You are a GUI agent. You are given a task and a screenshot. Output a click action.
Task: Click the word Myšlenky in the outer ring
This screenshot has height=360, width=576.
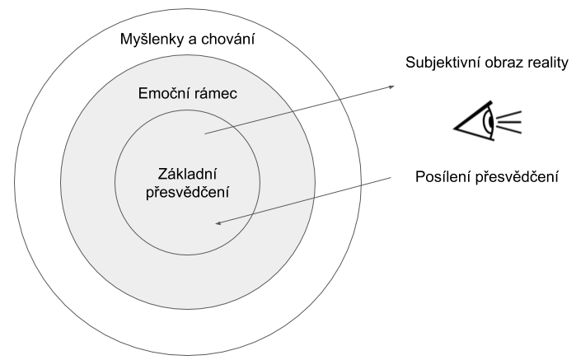[x=148, y=40]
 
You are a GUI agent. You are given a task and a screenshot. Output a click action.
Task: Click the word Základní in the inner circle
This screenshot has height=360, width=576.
[x=188, y=175]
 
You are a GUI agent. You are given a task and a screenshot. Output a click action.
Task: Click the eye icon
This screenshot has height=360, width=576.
[x=486, y=123]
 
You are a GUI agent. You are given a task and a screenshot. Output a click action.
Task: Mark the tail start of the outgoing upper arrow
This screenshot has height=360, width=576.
[x=204, y=133]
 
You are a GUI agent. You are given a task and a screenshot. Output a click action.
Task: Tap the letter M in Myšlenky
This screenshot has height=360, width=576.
[x=125, y=40]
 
